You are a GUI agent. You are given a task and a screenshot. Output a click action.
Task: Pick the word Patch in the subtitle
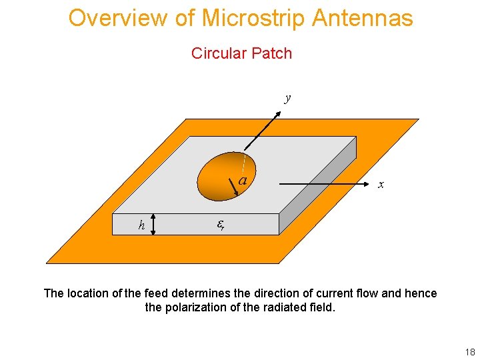272,53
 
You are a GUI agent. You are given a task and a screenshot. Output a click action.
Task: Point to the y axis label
288,98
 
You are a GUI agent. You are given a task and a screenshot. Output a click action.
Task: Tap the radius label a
243,180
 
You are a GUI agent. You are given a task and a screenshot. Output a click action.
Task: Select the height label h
141,225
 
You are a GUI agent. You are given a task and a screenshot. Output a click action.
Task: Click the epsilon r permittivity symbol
221,225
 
